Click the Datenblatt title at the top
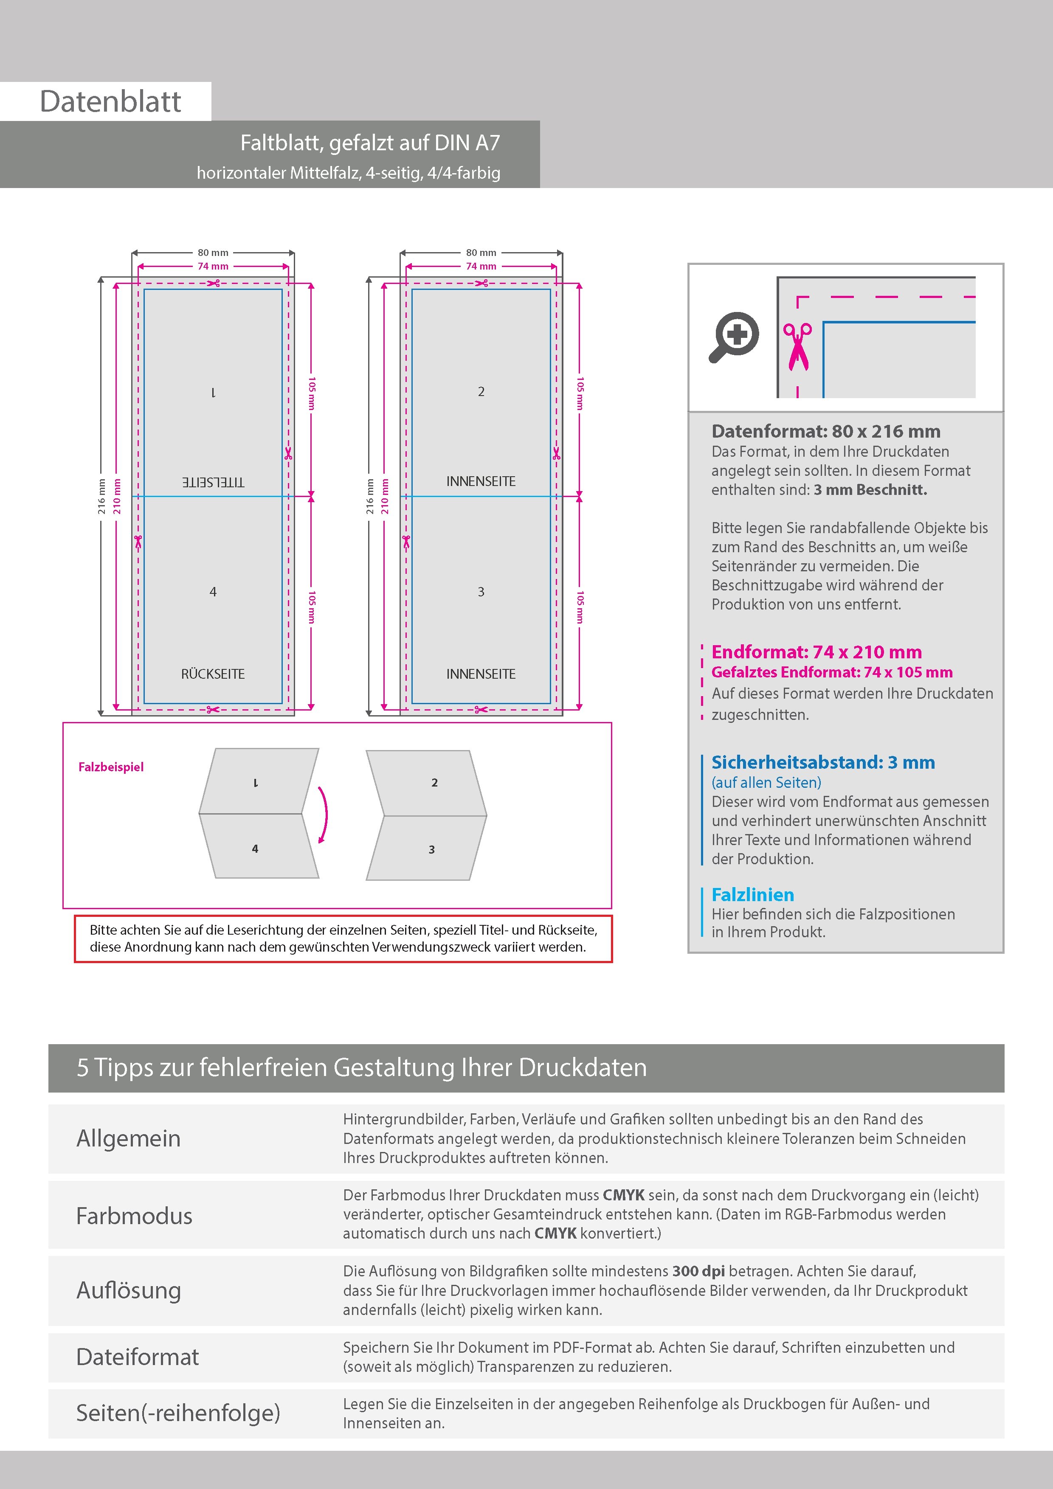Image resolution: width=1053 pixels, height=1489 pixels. tap(110, 102)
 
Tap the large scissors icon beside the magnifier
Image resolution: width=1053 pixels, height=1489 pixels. tap(797, 347)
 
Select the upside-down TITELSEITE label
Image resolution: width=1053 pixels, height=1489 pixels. tap(213, 482)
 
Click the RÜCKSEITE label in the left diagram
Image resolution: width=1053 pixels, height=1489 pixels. tap(213, 674)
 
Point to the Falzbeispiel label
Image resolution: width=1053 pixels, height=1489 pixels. tap(111, 767)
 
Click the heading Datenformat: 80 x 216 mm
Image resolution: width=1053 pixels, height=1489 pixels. tap(825, 431)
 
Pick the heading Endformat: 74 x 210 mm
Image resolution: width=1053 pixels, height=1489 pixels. tap(816, 652)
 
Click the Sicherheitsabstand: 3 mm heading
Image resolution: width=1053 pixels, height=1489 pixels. tap(823, 762)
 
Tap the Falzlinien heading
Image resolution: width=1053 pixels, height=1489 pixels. tap(753, 895)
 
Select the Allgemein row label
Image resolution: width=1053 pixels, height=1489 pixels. tap(129, 1138)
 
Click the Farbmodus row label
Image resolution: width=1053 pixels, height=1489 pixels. tap(134, 1215)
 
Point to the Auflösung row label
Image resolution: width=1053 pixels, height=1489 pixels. tap(129, 1290)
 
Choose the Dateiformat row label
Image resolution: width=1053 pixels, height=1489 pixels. tap(138, 1357)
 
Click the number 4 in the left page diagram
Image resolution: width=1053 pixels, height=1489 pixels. tap(213, 591)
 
